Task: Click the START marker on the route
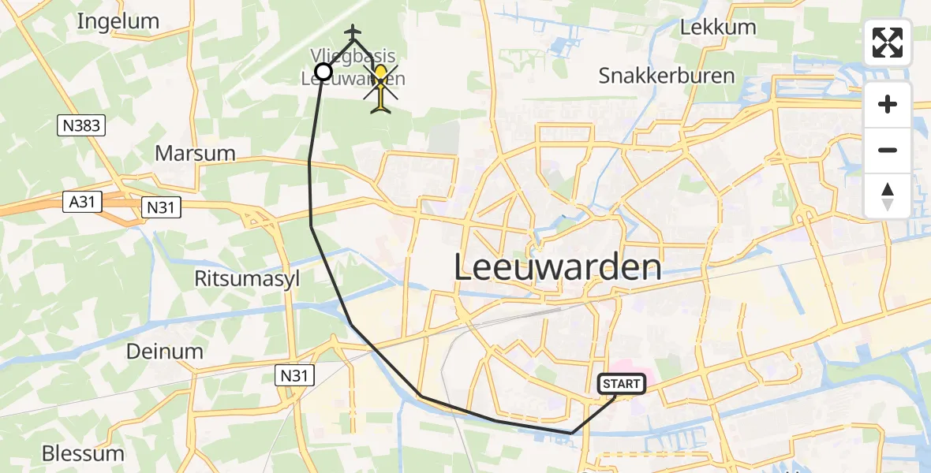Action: [622, 384]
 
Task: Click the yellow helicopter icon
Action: [381, 88]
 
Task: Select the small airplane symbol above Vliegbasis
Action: [353, 32]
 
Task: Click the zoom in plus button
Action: [888, 104]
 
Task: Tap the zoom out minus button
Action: [888, 150]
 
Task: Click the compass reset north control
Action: [888, 196]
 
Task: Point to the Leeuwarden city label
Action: [558, 268]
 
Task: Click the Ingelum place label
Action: [118, 21]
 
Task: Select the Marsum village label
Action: [195, 153]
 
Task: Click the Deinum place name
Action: [165, 352]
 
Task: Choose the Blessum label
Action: [83, 453]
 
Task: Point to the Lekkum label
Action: [717, 27]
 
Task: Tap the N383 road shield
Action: [82, 125]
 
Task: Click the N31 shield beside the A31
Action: [162, 207]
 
